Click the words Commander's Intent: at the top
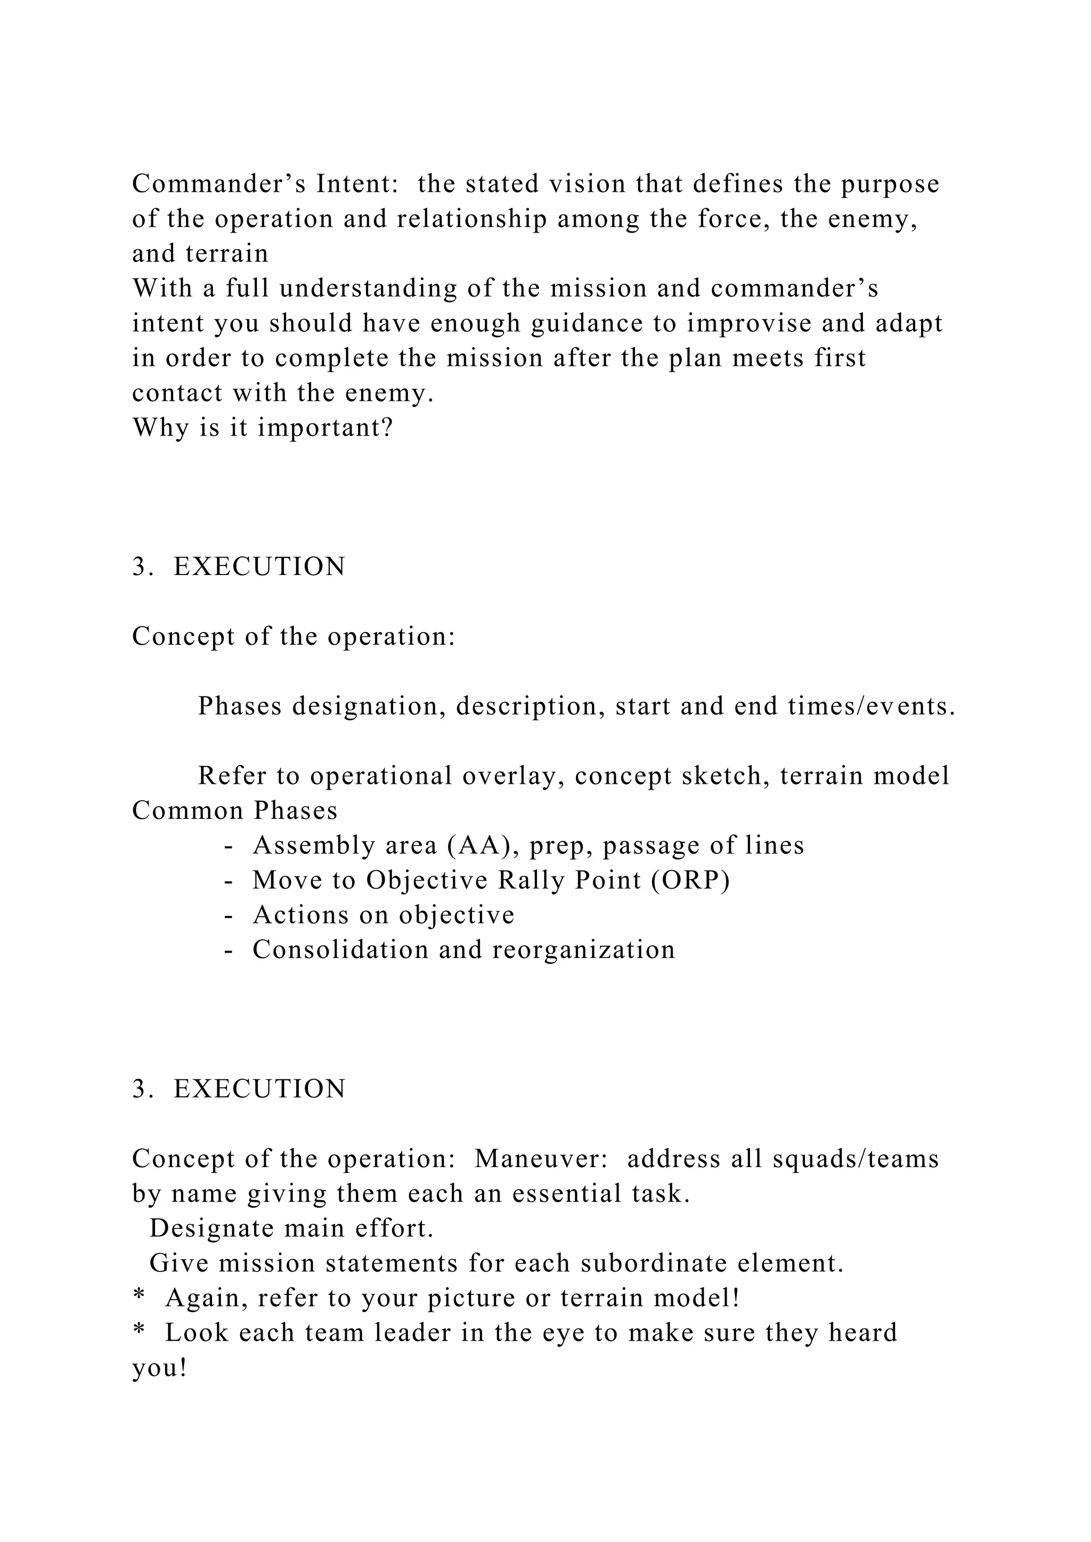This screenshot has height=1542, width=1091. [x=265, y=183]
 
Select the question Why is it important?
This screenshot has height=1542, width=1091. [x=262, y=428]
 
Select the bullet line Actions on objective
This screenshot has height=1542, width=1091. [x=383, y=915]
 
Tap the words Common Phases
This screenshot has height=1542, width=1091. [x=234, y=810]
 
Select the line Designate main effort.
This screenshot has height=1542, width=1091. [x=291, y=1228]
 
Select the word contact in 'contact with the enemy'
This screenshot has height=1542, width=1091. [x=177, y=393]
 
